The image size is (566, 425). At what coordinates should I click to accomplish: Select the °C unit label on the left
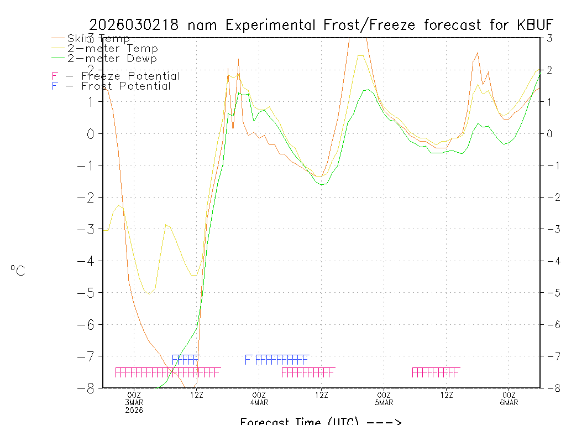(x=18, y=271)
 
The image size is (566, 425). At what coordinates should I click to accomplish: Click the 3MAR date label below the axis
(x=134, y=402)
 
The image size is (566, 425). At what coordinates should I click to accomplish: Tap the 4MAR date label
(x=259, y=402)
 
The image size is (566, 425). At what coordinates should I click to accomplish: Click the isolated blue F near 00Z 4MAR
(x=248, y=360)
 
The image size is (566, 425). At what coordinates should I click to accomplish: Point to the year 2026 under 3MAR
(x=134, y=410)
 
